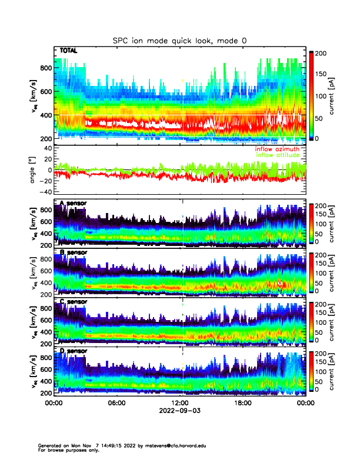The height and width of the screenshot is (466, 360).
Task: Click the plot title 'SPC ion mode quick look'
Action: pos(179,40)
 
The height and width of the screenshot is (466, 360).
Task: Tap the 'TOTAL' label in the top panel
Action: pos(69,51)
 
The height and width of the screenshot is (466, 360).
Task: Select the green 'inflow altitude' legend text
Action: pos(278,155)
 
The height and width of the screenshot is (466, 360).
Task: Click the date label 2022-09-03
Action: pos(179,410)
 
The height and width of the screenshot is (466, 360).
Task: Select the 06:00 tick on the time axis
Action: pos(116,403)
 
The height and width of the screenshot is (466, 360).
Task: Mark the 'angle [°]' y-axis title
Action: pos(34,171)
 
